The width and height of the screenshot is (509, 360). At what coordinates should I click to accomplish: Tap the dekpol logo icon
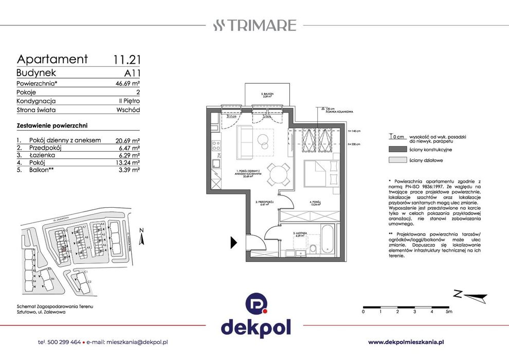255,303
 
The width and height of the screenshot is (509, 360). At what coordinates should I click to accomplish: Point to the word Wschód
129,110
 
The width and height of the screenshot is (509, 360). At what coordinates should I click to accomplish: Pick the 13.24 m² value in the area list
128,162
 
